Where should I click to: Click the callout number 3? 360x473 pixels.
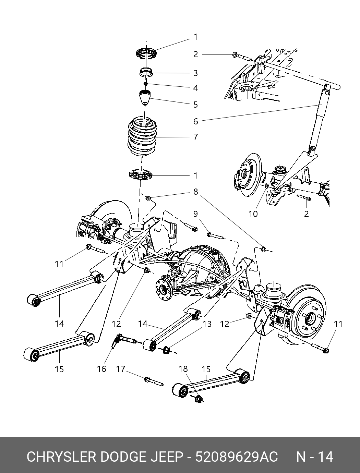click(195, 73)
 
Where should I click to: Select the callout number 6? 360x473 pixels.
click(195, 121)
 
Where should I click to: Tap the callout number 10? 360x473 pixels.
click(253, 214)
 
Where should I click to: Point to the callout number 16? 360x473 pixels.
click(101, 369)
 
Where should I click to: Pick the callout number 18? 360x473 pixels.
click(183, 369)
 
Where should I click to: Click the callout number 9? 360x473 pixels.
click(195, 214)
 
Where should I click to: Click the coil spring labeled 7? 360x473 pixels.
click(143, 137)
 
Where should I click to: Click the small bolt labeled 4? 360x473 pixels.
click(146, 83)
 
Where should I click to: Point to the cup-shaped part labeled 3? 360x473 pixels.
click(146, 72)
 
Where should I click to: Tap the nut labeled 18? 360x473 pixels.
click(199, 399)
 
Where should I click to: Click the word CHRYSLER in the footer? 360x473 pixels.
click(62, 457)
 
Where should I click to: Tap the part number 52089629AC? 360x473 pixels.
click(237, 457)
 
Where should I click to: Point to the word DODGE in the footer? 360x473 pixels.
click(123, 457)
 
